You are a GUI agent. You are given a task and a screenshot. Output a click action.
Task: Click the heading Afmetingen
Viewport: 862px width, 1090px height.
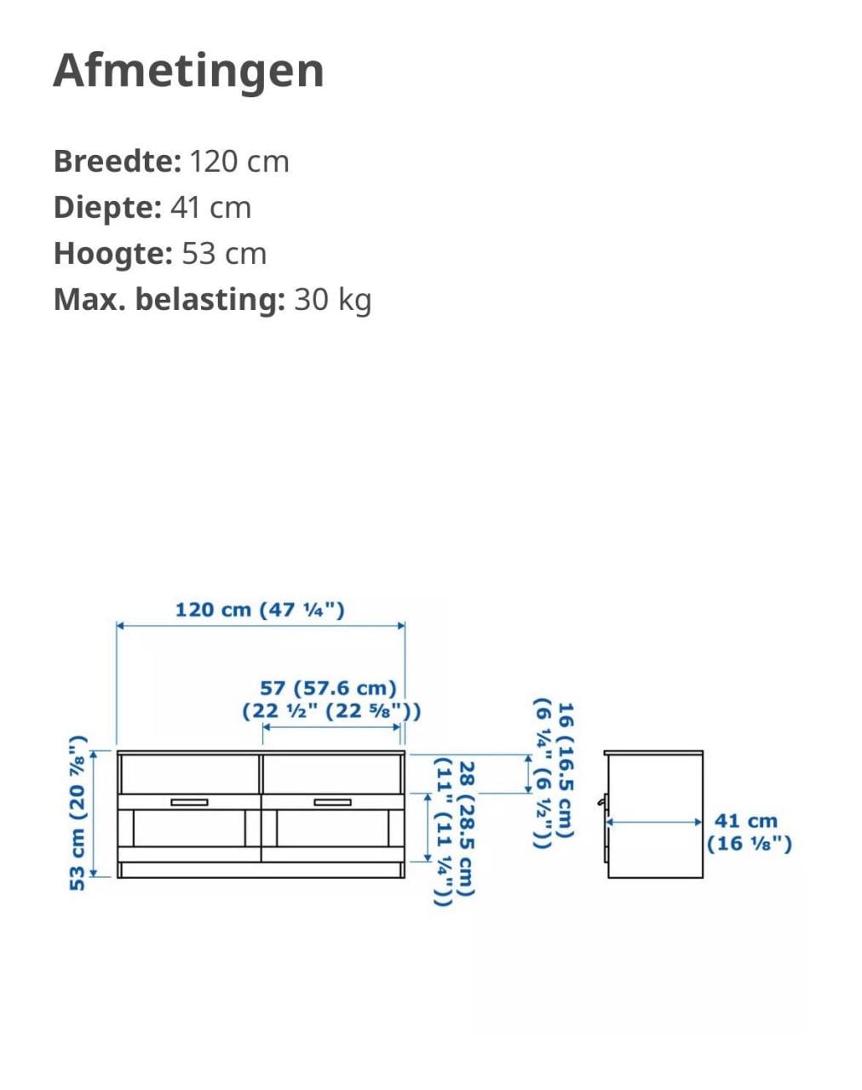pyautogui.click(x=188, y=72)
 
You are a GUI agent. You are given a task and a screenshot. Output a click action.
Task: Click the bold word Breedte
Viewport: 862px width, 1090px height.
pyautogui.click(x=117, y=161)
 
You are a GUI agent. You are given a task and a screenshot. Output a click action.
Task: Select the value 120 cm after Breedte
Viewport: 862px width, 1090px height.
pyautogui.click(x=239, y=162)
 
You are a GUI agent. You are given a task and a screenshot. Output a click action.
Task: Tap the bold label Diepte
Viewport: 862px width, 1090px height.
pyautogui.click(x=107, y=208)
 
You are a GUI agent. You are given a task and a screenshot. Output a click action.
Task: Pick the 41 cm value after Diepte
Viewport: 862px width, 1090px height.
pyautogui.click(x=210, y=208)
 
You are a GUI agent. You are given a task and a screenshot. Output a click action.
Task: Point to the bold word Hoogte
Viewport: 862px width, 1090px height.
pyautogui.click(x=113, y=254)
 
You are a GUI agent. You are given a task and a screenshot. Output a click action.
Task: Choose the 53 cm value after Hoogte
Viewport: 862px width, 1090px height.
pyautogui.click(x=224, y=254)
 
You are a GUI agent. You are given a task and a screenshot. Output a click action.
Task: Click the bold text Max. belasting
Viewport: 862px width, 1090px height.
pyautogui.click(x=170, y=300)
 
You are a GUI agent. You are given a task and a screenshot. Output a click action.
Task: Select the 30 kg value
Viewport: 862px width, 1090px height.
pyautogui.click(x=333, y=300)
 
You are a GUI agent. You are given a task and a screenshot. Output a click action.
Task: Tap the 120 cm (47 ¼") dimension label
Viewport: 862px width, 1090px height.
pyautogui.click(x=260, y=610)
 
